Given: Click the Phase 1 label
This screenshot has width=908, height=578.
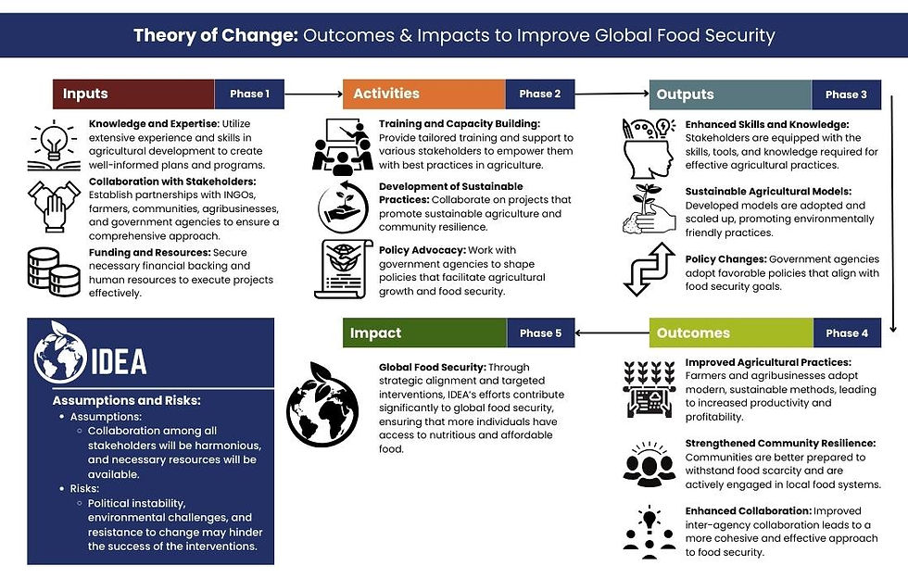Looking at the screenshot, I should point(249,94).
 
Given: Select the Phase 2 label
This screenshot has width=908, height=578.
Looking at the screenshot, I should point(539,94).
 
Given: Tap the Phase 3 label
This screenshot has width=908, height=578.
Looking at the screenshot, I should point(846,94).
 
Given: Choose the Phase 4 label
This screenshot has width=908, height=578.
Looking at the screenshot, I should point(846,333).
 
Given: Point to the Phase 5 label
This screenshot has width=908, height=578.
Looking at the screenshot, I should point(539,333).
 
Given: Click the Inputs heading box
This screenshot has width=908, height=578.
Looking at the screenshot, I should point(132,94).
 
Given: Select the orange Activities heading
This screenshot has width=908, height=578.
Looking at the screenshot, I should point(423,94).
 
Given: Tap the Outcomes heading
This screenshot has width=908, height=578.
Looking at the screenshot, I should point(731,333).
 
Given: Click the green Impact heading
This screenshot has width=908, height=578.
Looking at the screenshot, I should point(424,333).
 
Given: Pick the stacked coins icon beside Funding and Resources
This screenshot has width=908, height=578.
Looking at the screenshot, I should point(54,271).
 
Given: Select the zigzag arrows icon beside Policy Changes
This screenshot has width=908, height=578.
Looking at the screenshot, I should point(647,270).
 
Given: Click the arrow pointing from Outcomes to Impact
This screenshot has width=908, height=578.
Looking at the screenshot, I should point(612,333).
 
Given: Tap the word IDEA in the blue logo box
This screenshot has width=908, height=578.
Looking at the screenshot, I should point(119,360).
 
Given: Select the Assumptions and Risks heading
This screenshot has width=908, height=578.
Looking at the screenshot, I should point(127,400).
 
